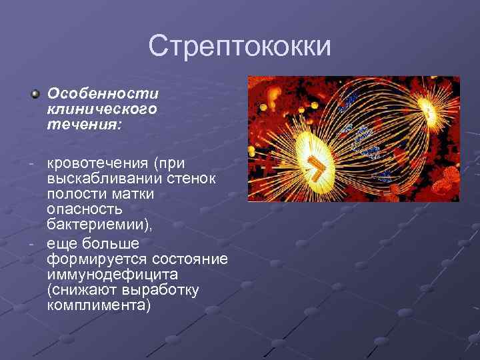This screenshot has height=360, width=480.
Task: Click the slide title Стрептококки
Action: (x=240, y=46)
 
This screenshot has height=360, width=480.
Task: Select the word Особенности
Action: (x=103, y=95)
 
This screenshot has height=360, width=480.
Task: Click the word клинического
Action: (x=102, y=109)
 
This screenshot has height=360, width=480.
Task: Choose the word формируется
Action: (x=97, y=259)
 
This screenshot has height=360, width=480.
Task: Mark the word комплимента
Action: (x=98, y=305)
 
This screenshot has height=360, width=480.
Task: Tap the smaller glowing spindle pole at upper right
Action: (x=423, y=107)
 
